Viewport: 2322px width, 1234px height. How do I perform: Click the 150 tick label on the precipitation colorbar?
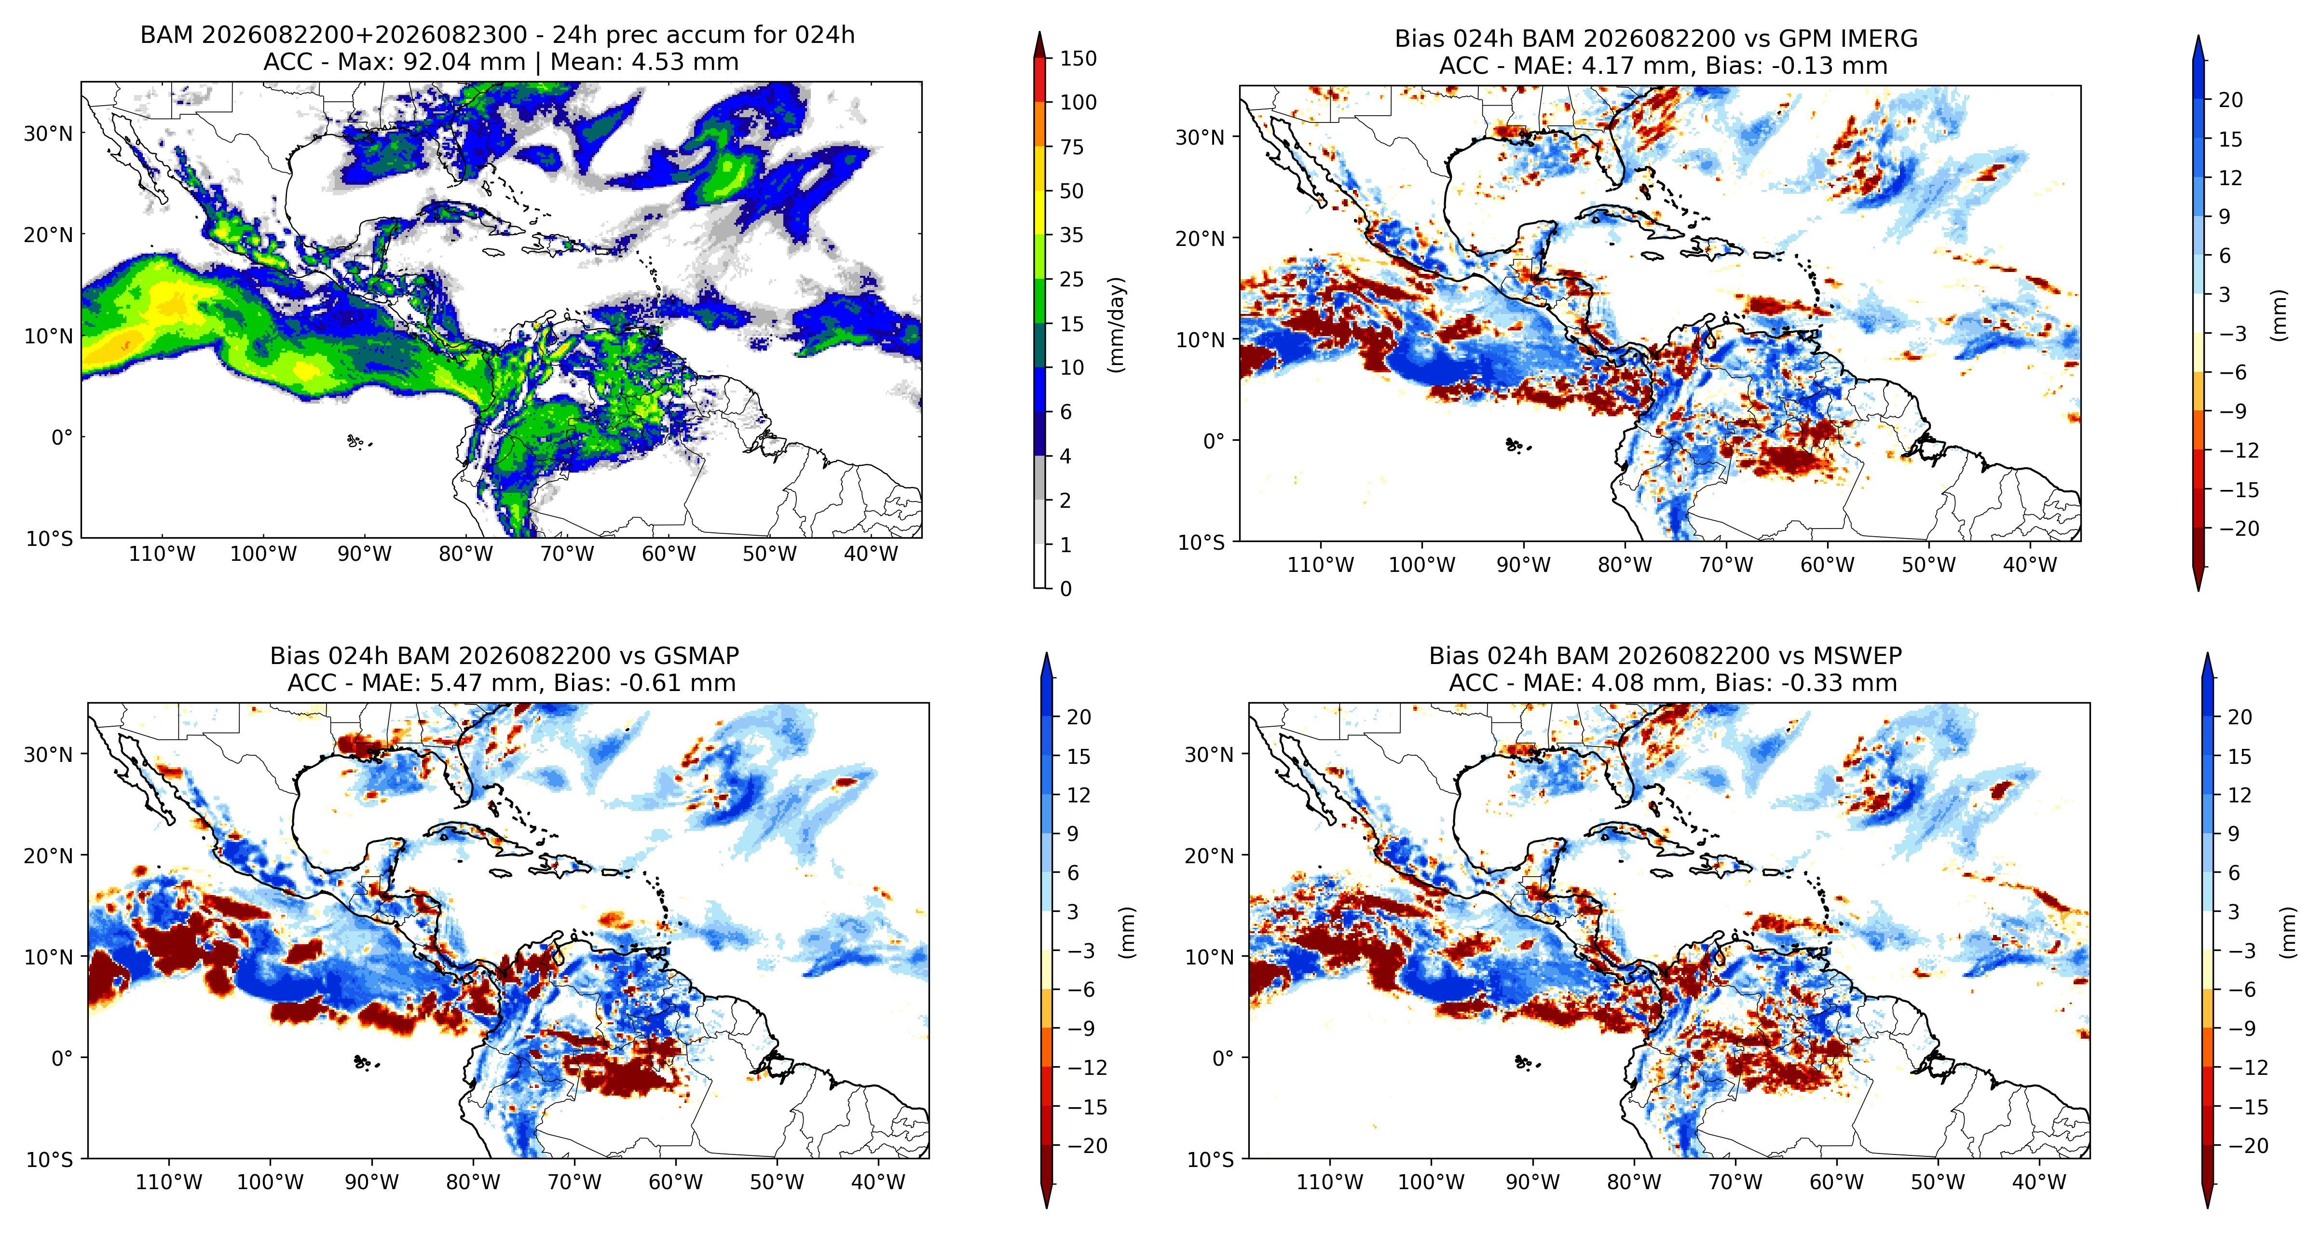click(1078, 59)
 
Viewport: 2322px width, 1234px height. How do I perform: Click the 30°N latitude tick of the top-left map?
click(48, 134)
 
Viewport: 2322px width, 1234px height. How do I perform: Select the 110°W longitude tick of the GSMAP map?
click(168, 1182)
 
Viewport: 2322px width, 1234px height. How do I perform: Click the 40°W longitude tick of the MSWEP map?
click(2039, 1182)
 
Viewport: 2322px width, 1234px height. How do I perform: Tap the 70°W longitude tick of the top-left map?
click(567, 554)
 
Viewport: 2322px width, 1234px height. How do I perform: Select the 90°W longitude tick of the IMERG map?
click(1523, 565)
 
